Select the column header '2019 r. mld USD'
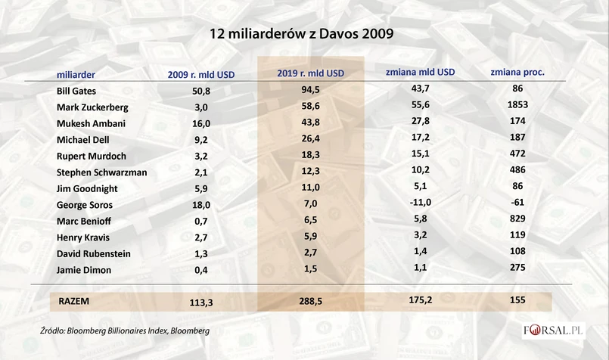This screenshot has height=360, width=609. [311, 74]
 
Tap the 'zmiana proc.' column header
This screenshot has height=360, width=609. [518, 73]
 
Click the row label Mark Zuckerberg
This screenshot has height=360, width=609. [92, 107]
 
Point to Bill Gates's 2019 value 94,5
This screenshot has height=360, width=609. [311, 90]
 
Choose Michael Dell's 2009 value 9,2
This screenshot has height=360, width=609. [200, 139]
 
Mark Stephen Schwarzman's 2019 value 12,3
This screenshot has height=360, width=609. [311, 172]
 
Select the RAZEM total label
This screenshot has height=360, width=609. [74, 301]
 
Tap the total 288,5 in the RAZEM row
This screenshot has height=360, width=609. [311, 302]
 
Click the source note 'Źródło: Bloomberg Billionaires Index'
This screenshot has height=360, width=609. [126, 331]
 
